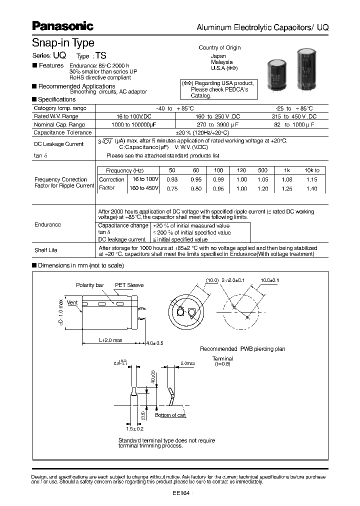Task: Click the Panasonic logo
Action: point(62,26)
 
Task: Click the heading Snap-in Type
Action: point(63,43)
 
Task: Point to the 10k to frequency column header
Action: point(311,170)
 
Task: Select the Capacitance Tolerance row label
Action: point(62,132)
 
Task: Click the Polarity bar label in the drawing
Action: point(90,285)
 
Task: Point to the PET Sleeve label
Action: point(129,285)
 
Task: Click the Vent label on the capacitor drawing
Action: point(72,302)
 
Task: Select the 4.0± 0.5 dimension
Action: point(154,343)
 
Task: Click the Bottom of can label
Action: point(170,415)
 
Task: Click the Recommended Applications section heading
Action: point(76,86)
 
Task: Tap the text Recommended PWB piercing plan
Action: point(242,349)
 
